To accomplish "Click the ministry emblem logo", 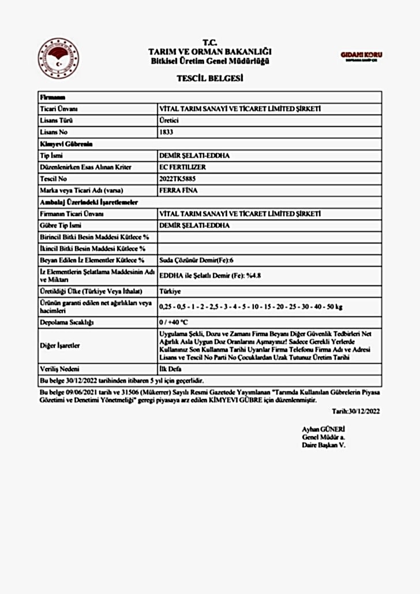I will [x=58, y=58].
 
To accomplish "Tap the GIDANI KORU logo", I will [x=362, y=56].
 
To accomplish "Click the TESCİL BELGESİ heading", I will [x=209, y=78].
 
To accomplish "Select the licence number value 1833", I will [x=166, y=132].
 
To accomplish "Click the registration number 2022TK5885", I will [x=177, y=179].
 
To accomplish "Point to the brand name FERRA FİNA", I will [x=175, y=190].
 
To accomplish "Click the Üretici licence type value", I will [x=168, y=121].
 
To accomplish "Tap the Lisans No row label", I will [x=54, y=132].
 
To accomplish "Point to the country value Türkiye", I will [x=170, y=291].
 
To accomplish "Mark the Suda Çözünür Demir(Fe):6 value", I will [x=196, y=260].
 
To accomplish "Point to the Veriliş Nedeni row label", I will [x=59, y=369].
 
